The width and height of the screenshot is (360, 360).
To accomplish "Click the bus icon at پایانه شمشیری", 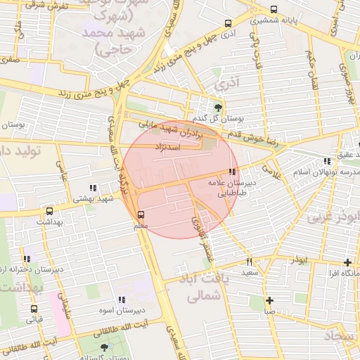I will [x=274, y=10].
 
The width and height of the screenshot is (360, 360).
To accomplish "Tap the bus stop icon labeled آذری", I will [x=228, y=23].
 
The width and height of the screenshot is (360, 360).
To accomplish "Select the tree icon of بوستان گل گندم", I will [x=218, y=107].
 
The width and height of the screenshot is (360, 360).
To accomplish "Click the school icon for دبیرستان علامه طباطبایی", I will [x=232, y=172].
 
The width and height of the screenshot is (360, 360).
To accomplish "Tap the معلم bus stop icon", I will [x=141, y=214].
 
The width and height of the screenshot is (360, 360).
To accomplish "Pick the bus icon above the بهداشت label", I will [x=49, y=210].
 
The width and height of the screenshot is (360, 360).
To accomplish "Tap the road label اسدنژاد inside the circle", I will [x=168, y=148].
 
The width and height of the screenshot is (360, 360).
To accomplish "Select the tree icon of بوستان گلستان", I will [x=105, y=347].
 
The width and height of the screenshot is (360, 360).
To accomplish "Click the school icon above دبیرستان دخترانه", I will [x=27, y=259].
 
